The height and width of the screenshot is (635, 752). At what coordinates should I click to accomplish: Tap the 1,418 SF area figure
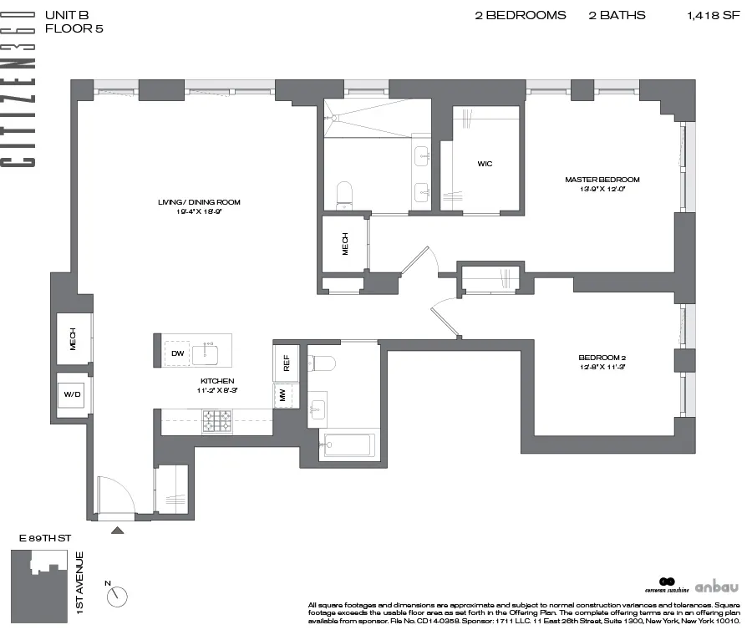click(713, 15)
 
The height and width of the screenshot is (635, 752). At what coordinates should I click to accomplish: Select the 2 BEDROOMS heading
click(520, 15)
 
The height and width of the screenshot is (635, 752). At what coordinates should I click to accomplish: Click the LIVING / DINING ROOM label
click(199, 201)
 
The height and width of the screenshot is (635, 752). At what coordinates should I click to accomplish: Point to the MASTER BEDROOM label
click(602, 180)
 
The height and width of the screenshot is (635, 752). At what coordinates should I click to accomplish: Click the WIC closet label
click(485, 164)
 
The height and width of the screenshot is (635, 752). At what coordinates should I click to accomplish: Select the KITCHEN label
click(216, 381)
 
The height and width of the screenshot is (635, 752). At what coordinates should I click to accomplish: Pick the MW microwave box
click(283, 395)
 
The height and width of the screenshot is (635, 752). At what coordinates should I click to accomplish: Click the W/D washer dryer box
click(69, 396)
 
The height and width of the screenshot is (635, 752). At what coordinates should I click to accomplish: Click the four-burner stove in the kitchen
click(216, 422)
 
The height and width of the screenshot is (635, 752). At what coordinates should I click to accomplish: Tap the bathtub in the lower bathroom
click(349, 444)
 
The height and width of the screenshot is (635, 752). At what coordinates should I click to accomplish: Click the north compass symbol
click(118, 596)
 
